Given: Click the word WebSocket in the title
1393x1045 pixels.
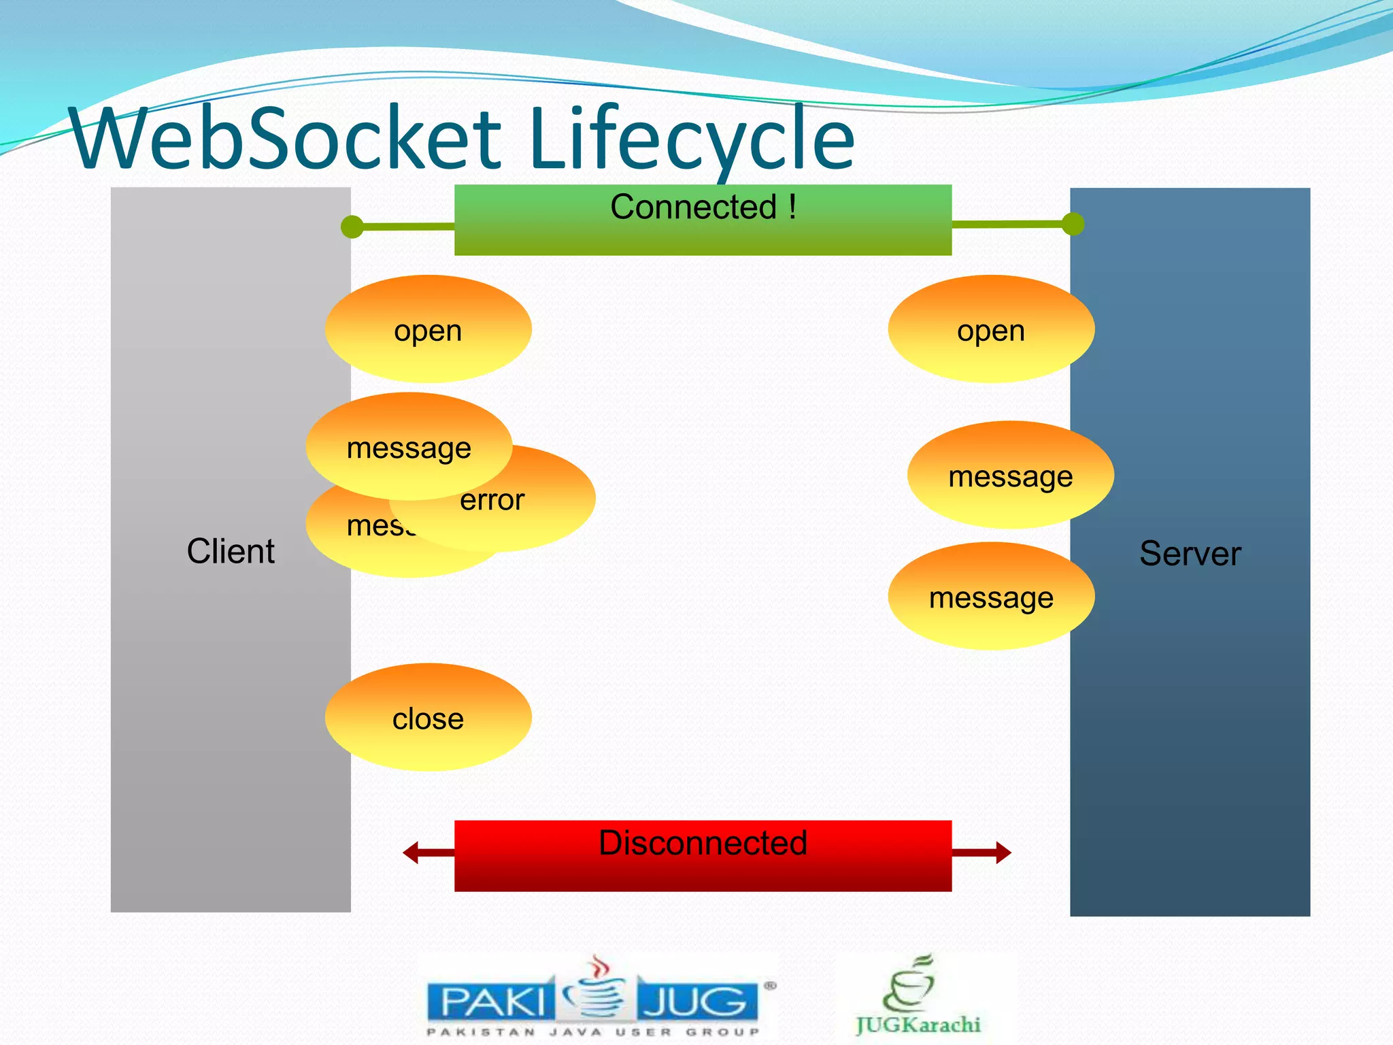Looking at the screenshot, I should click(286, 139).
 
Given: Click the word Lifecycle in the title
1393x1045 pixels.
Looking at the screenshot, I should click(690, 139).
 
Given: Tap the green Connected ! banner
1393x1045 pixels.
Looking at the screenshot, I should click(703, 220).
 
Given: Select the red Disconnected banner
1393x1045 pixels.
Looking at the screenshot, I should click(703, 856).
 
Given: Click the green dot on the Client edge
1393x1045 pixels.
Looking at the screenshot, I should click(352, 227).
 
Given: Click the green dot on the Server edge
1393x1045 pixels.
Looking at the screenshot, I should click(1073, 224).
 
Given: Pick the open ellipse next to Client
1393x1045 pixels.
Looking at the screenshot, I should click(428, 329).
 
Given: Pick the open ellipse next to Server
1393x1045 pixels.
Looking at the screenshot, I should click(990, 329).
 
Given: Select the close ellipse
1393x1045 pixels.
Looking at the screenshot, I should click(428, 717).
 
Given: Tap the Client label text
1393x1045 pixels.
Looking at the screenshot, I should click(231, 551).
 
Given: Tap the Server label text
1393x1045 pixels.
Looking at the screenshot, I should click(1190, 554).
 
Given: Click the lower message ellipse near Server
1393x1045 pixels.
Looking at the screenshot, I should click(990, 597).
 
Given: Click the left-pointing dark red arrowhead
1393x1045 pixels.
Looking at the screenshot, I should click(411, 852).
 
